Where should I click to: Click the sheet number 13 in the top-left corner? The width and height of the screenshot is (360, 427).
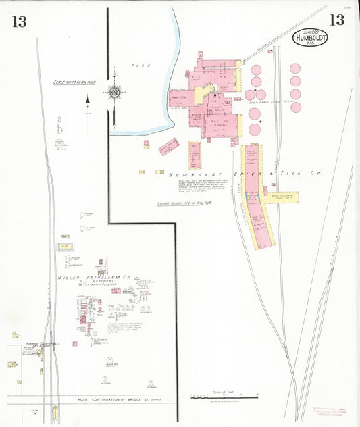18,21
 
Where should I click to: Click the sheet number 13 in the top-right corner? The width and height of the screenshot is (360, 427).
336,20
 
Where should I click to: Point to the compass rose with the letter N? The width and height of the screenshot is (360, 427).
114,92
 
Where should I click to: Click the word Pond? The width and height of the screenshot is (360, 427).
142,66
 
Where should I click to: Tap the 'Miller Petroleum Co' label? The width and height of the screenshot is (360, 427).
94,277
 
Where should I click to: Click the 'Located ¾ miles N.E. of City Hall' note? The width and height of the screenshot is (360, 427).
185,203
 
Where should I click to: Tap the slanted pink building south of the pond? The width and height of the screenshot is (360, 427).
168,146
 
